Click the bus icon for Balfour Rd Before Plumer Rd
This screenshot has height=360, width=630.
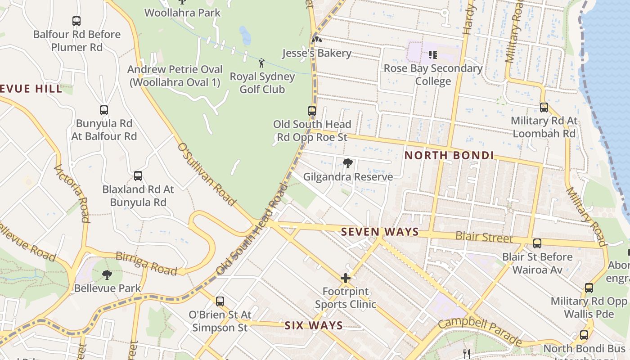click(x=76, y=21)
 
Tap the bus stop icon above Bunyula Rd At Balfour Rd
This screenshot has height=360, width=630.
click(x=104, y=110)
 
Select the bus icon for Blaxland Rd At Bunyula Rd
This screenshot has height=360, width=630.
click(x=138, y=176)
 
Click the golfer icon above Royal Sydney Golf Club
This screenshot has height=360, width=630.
click(x=261, y=63)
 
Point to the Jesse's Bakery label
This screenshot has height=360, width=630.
click(x=316, y=53)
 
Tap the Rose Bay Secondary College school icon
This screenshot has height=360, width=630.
click(x=433, y=55)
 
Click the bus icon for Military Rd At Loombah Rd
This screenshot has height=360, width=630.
click(x=544, y=108)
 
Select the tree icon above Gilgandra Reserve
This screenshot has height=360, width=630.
click(x=347, y=163)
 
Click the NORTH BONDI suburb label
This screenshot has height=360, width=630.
click(x=449, y=156)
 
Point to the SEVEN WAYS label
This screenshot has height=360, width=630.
click(x=380, y=232)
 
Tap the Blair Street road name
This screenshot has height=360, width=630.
click(x=484, y=237)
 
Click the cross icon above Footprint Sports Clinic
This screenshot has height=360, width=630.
click(x=346, y=279)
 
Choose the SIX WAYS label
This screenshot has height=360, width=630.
click(x=314, y=325)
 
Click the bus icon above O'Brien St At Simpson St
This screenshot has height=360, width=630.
click(x=220, y=301)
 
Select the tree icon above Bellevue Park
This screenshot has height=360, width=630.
click(x=107, y=274)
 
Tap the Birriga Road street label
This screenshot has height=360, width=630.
click(x=146, y=263)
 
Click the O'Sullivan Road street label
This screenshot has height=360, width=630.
click(x=207, y=174)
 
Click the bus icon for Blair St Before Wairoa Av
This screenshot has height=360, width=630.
click(x=537, y=243)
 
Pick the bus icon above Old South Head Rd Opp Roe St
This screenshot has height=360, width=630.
click(x=312, y=111)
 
